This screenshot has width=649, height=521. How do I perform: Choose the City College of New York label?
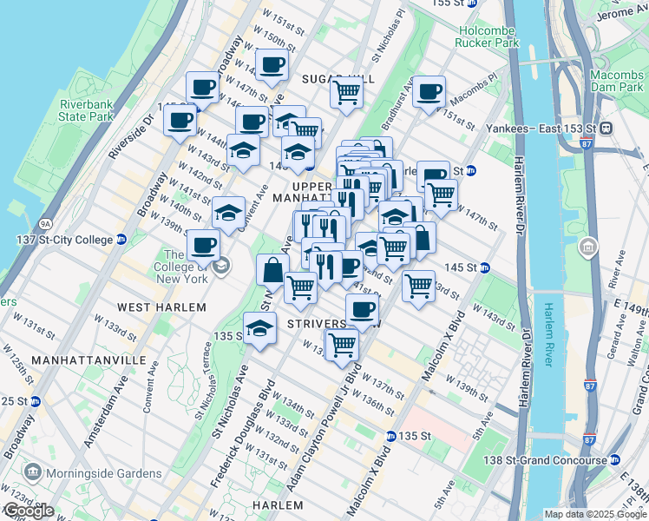click(x=181, y=267)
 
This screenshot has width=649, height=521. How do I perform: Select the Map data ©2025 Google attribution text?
click(x=595, y=514)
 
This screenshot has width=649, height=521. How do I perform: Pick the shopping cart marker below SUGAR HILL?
click(x=346, y=91)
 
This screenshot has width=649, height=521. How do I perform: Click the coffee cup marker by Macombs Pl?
click(x=428, y=91)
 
